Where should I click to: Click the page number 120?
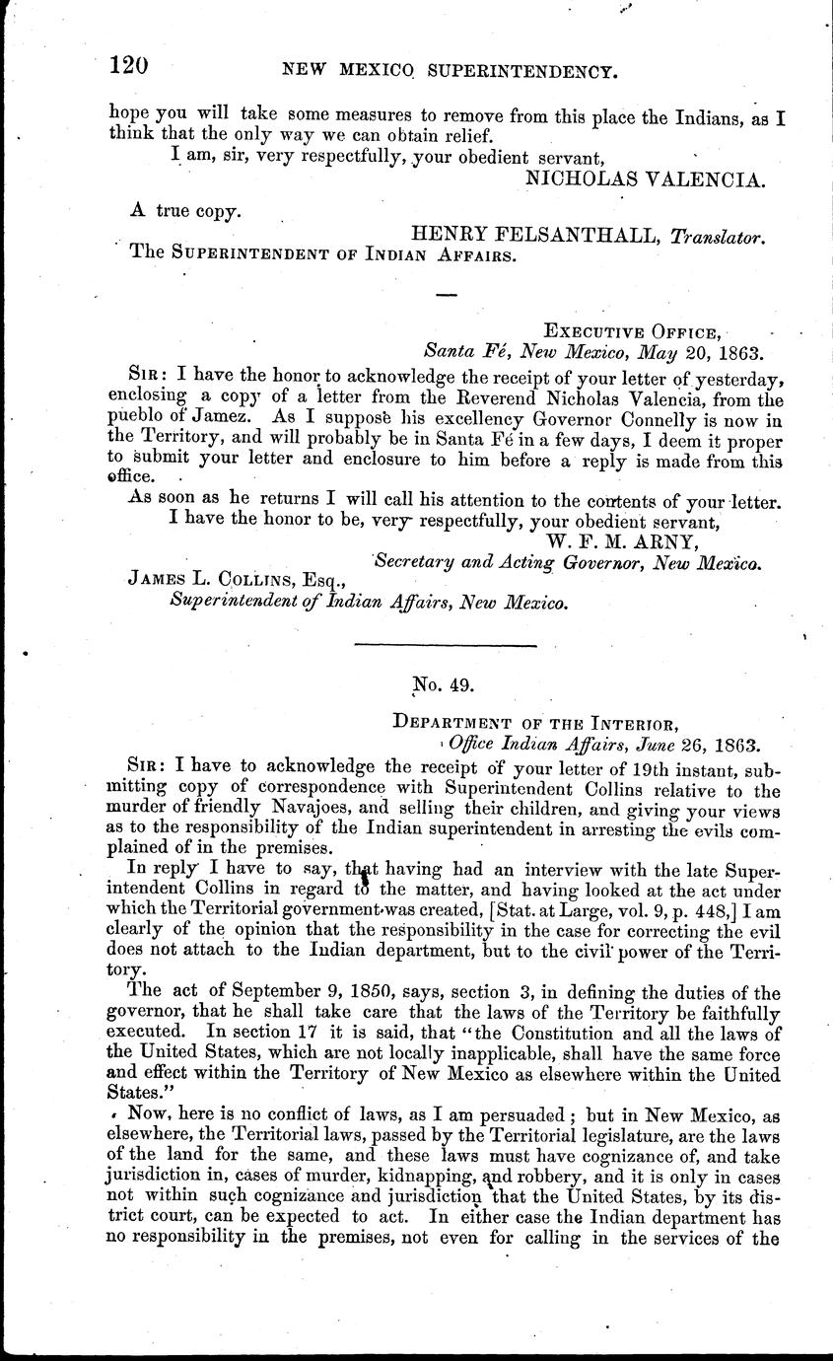(x=128, y=66)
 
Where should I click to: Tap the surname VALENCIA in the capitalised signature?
(x=708, y=179)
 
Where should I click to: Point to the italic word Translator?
(x=719, y=236)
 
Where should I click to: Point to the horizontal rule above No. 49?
(x=445, y=645)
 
